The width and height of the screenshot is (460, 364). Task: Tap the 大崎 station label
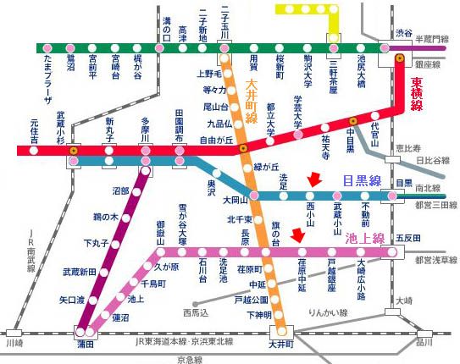pos(402,301)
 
